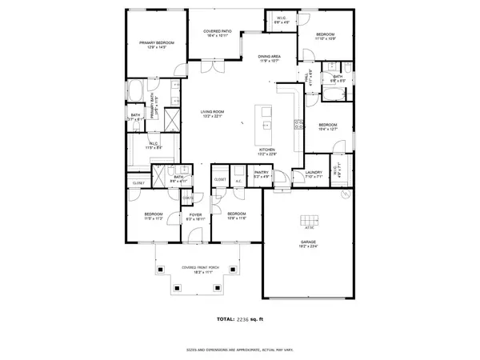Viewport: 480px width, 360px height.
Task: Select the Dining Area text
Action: (x=269, y=57)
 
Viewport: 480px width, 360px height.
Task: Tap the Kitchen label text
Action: (x=267, y=149)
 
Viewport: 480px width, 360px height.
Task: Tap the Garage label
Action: (x=308, y=245)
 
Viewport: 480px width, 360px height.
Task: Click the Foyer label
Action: (x=194, y=214)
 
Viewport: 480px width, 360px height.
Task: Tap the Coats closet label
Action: (x=189, y=198)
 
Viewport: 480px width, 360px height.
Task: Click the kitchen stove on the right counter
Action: (x=298, y=124)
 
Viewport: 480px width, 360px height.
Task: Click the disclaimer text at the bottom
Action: (x=239, y=350)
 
